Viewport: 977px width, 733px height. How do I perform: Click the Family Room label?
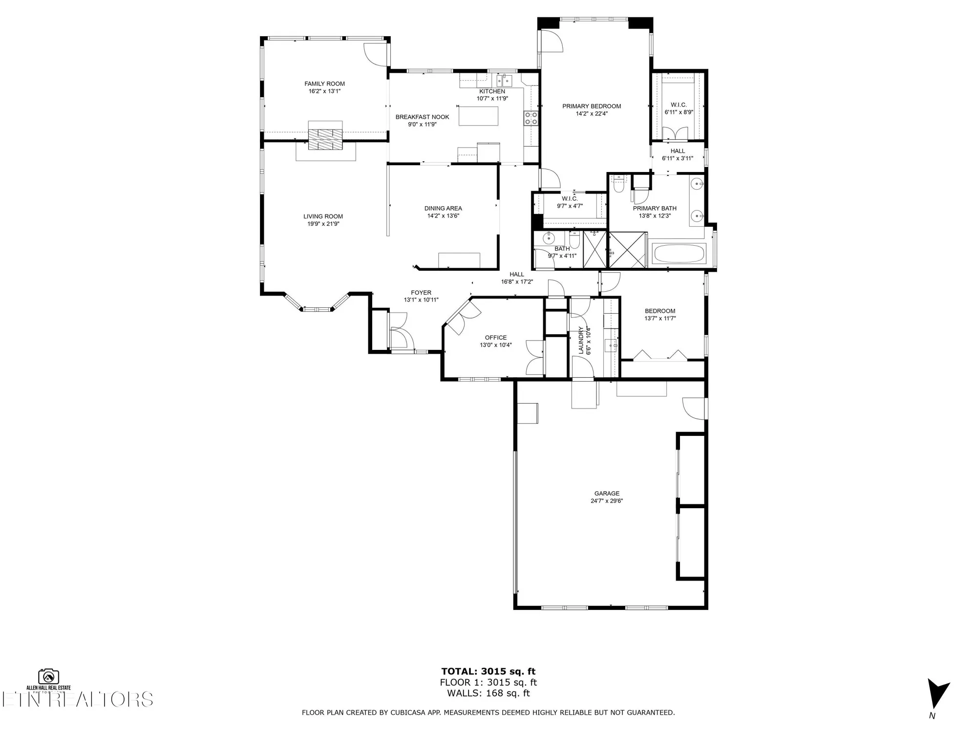324,84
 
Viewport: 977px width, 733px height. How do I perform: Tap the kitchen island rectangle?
478,116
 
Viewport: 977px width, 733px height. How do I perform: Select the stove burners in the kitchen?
531,118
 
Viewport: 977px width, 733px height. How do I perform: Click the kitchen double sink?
504,80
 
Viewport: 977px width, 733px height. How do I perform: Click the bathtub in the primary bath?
679,254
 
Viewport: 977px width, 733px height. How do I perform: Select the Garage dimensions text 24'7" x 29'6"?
607,501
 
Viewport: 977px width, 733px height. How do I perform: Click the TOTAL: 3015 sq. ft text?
488,671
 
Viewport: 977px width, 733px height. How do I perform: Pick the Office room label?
495,338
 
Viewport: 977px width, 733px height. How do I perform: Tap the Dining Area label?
443,208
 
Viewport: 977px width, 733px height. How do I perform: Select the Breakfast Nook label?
422,117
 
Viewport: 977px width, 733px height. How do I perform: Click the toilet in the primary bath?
619,184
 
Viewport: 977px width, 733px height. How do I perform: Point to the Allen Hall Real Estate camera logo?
48,677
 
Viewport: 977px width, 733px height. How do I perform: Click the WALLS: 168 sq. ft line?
488,693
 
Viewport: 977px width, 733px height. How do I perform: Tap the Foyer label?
421,293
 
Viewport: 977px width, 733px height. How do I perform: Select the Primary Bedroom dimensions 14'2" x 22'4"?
591,114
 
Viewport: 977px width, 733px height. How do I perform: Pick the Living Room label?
323,216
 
